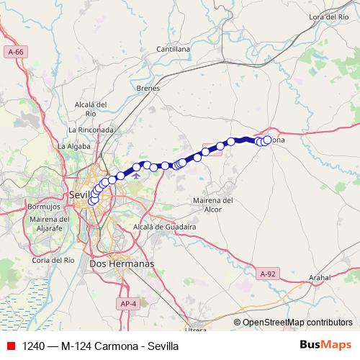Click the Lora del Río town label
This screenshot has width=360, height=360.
(x=328, y=16)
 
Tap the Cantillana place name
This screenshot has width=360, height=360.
(x=173, y=49)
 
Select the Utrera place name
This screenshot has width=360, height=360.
(x=195, y=330)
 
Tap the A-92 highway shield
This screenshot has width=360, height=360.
(x=267, y=273)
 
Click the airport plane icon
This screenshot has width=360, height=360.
(x=136, y=175)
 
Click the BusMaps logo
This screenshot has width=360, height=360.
(x=325, y=345)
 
